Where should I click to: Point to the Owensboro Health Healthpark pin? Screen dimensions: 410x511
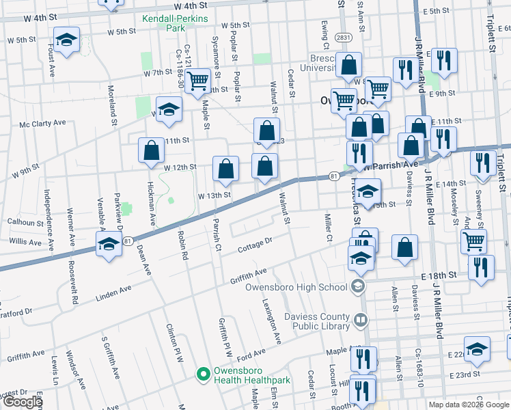click(202, 374)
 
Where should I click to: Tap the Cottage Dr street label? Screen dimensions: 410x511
click(255, 245)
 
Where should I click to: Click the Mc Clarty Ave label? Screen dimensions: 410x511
click(42, 124)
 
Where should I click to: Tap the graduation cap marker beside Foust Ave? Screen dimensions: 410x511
click(67, 40)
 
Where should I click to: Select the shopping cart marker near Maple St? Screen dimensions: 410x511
click(198, 80)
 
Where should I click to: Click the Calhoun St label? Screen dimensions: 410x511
click(25, 221)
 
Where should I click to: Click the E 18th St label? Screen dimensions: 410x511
click(439, 275)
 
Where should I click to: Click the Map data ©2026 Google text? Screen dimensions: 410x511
click(468, 404)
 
